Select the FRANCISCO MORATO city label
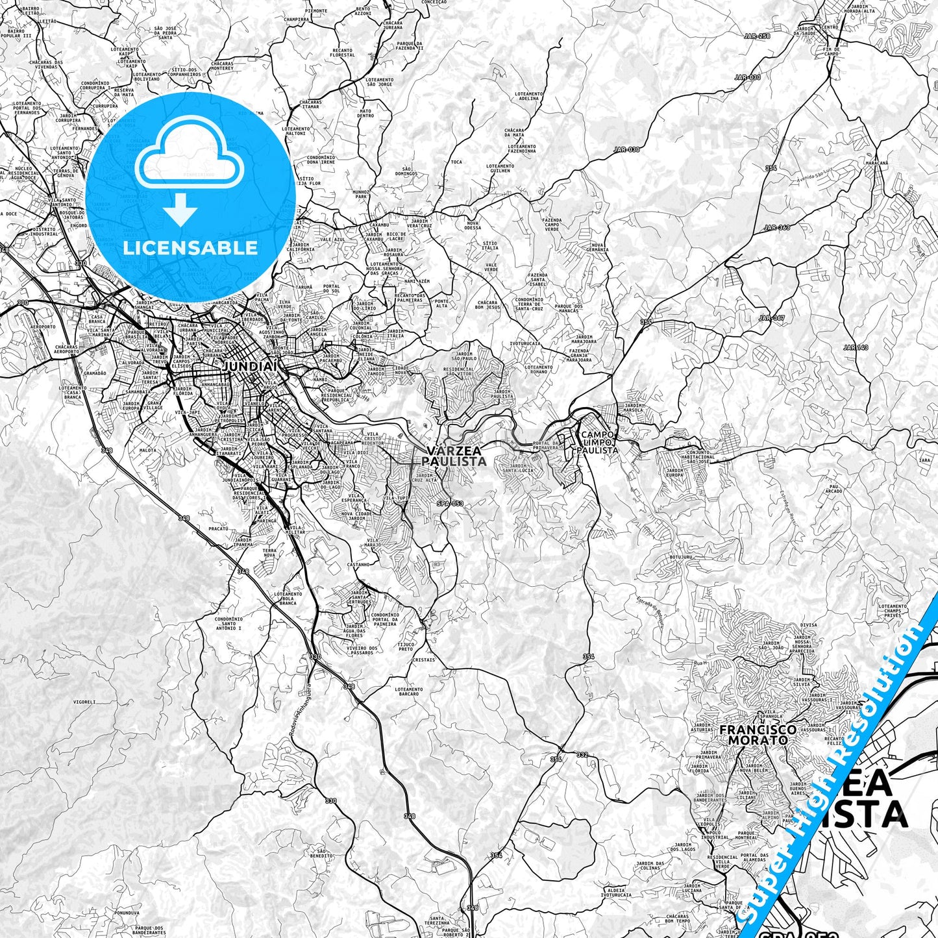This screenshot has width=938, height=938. pos(758,734)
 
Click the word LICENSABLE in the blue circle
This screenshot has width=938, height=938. pos(191,248)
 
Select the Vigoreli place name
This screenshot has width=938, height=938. pos(84,701)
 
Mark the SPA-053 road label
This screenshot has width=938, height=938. pos(450,503)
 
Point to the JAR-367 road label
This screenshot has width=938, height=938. pos(772,318)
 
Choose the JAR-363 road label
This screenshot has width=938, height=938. pos(777,227)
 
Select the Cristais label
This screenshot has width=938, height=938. pos(423,660)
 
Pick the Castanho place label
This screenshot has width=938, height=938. pos(358,565)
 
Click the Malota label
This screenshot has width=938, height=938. pos(147,449)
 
